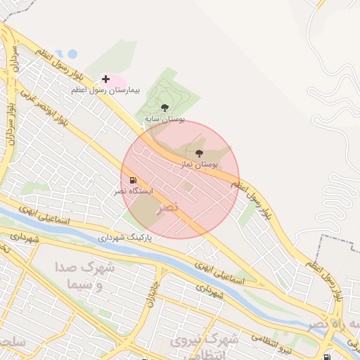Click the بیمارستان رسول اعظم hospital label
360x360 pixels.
click(x=106, y=91)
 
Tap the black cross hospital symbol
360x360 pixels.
click(x=105, y=79)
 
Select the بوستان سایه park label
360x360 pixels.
click(x=165, y=120)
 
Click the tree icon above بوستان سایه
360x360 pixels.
click(x=165, y=108)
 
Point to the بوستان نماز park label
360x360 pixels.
click(x=198, y=164)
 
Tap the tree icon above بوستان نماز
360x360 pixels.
click(x=199, y=153)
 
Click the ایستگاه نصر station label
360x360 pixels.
click(x=132, y=192)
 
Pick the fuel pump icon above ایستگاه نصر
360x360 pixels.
click(x=133, y=181)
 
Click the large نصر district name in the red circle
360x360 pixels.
click(x=169, y=208)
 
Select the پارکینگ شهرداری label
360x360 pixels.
click(x=129, y=238)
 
